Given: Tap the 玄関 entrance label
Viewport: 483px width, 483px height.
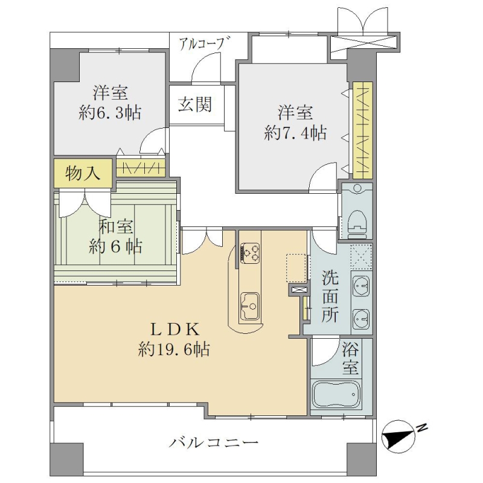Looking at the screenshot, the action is point(195,104).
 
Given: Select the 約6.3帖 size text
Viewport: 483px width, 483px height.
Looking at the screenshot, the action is point(110,113).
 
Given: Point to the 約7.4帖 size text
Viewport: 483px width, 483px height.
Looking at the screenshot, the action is point(295,133).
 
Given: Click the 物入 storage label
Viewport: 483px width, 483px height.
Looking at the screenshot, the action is point(83,173).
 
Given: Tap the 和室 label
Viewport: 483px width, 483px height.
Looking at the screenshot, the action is point(115,226).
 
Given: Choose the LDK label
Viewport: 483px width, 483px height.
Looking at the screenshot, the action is point(174,330).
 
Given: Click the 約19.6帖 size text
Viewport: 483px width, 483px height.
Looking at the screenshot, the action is point(174,349).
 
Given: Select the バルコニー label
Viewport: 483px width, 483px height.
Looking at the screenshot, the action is point(214,443).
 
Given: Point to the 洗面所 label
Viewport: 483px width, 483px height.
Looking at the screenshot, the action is point(330,296).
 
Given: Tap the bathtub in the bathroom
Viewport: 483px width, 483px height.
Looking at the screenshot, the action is point(336,395).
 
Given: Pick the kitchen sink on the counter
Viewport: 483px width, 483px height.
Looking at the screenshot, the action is point(250,307).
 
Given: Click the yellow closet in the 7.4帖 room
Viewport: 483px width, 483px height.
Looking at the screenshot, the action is point(363,130).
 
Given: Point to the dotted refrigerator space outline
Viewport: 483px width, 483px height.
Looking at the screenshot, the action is point(296,268).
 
